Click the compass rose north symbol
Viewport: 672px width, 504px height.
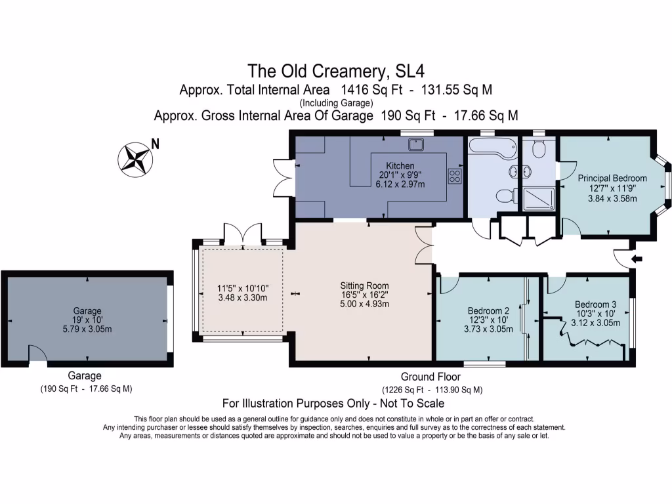(x=135, y=158)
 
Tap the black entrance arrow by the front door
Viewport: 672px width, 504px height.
(x=636, y=260)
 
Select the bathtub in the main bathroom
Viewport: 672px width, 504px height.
(x=491, y=151)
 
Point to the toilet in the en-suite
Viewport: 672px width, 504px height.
(x=539, y=150)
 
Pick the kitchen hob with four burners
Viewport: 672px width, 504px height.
(x=454, y=175)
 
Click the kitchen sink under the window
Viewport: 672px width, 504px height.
(x=415, y=144)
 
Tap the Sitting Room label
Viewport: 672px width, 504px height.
(x=364, y=285)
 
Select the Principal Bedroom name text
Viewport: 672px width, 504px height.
(x=612, y=178)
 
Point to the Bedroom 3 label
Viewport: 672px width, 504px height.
(x=595, y=304)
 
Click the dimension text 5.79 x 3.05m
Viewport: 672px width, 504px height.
(x=88, y=329)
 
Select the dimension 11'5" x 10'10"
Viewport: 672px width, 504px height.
(x=242, y=288)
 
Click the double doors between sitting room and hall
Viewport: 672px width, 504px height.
(x=425, y=245)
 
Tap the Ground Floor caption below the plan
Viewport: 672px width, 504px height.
(x=430, y=377)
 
